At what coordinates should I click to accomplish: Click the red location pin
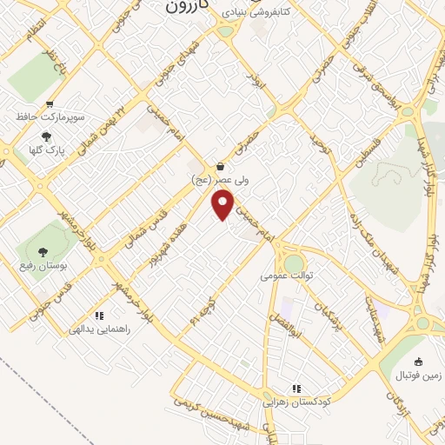tap(223, 205)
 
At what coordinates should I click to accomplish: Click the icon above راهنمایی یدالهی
tap(99, 316)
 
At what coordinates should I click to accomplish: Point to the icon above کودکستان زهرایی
tap(296, 389)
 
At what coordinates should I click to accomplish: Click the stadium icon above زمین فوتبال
tap(419, 362)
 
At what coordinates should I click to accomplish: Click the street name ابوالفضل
tap(296, 325)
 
